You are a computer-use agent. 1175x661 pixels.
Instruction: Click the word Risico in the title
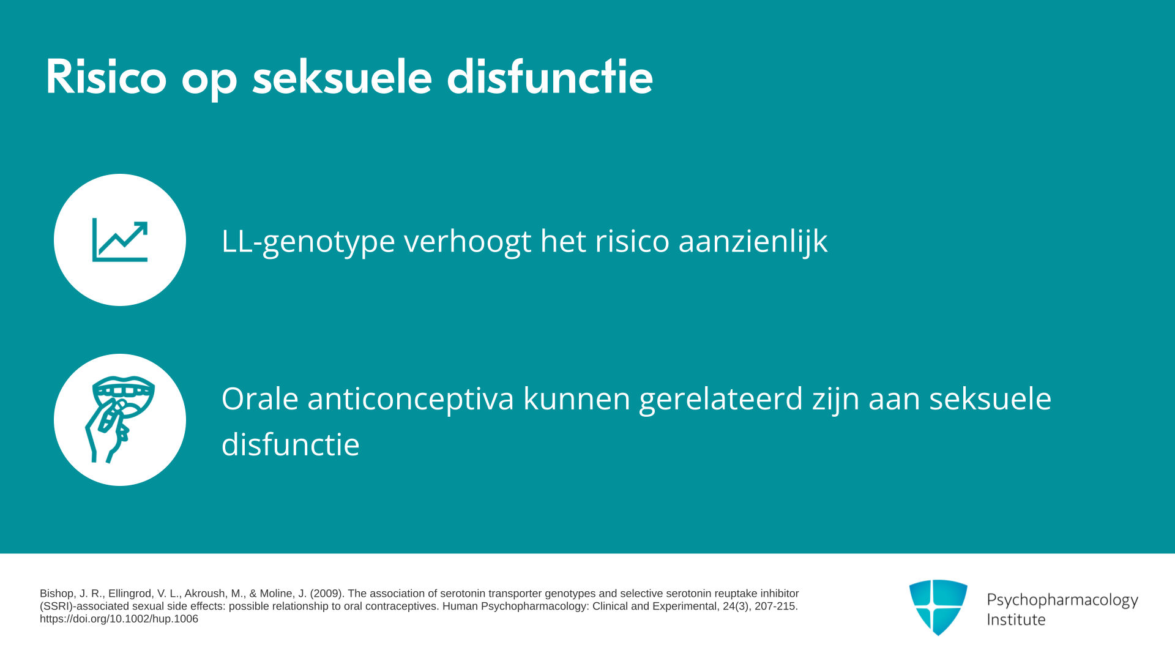tap(106, 77)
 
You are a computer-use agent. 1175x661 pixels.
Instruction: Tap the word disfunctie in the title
tap(550, 77)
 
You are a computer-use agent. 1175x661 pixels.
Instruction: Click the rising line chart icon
tap(120, 240)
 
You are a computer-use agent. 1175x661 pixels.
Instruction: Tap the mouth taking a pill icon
tap(120, 420)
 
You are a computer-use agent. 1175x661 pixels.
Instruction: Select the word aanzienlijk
tap(753, 241)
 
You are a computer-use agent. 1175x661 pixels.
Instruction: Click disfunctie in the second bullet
tap(291, 444)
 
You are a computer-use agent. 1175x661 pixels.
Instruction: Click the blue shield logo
tap(938, 607)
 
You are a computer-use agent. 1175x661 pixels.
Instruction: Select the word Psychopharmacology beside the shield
tap(1062, 600)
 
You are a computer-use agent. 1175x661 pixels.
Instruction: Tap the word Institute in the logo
tap(1016, 619)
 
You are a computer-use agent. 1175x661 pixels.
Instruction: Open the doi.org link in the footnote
tap(119, 619)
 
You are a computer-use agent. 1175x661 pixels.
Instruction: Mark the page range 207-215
tap(776, 607)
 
